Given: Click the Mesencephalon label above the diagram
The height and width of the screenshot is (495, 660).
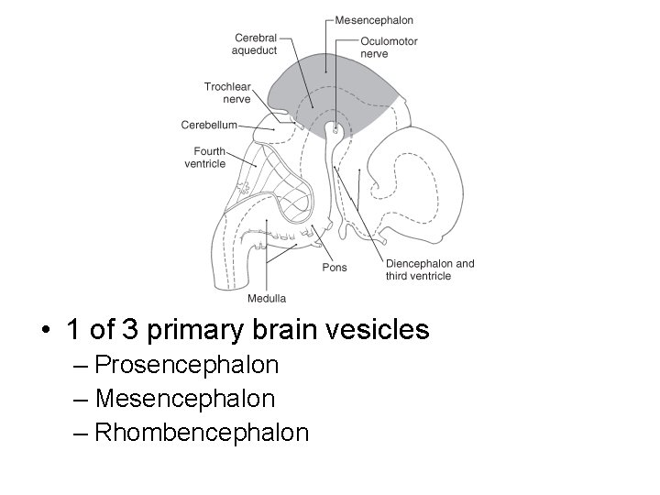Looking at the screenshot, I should (373, 20).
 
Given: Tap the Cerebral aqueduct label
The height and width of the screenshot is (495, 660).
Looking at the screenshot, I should (256, 44).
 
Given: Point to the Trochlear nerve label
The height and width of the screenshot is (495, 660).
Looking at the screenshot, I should (227, 93).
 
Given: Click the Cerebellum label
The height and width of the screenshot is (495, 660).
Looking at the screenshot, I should (209, 125).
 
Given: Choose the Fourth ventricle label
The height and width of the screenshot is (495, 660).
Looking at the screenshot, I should (204, 158).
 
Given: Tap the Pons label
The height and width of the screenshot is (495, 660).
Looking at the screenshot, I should (335, 268).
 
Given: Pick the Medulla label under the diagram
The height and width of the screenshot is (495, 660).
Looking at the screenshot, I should (267, 298).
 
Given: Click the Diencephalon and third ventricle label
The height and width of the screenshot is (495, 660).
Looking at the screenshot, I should (430, 269).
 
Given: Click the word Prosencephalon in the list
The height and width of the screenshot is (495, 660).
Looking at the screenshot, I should (186, 366).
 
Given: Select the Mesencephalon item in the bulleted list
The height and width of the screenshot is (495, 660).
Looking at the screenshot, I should (184, 399).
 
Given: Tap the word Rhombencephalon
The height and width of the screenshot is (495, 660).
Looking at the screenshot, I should (202, 432).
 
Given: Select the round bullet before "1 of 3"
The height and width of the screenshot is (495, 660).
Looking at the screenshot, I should (43, 330).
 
